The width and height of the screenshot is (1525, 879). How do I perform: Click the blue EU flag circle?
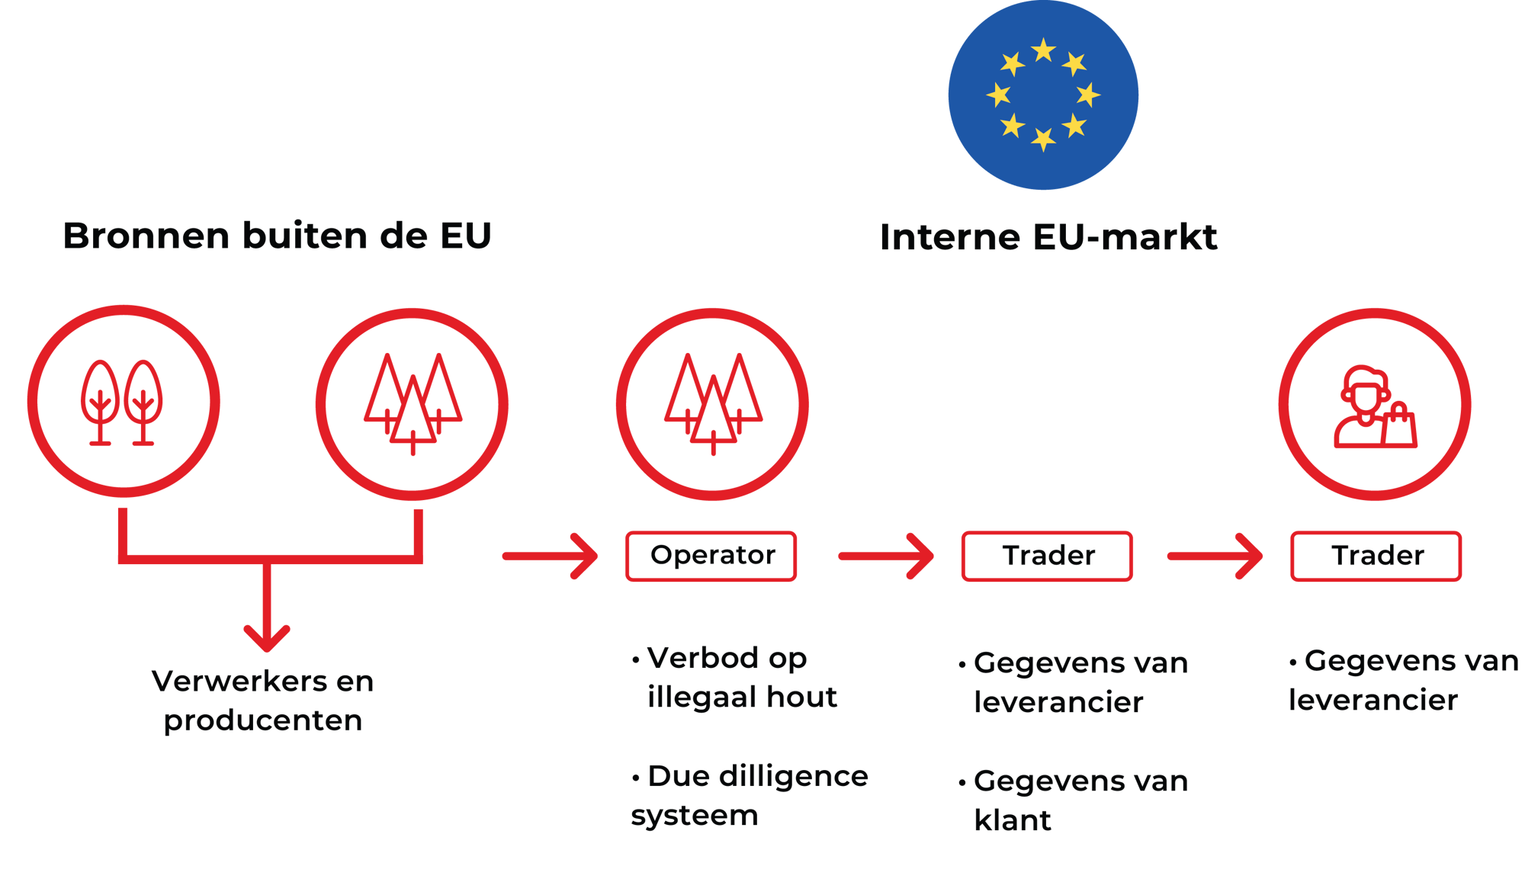coord(1043,95)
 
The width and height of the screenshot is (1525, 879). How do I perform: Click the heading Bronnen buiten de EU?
coord(277,236)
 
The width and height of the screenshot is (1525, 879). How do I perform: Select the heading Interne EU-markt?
coord(1048,237)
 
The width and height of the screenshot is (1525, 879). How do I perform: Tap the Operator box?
coord(711,556)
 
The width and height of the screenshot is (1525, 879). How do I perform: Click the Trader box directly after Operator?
coord(1047,556)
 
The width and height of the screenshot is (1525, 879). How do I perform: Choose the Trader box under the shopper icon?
coord(1376,556)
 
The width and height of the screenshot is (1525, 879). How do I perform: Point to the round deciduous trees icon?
coord(123,402)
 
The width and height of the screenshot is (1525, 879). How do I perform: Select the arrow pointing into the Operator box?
coord(551,556)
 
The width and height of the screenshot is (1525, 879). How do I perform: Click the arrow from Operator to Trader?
coord(887,556)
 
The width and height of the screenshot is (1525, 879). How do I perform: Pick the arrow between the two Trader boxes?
coord(1215,556)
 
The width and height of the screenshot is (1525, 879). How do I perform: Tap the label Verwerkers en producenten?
coord(263,701)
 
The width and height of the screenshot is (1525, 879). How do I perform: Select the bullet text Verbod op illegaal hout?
coord(734,678)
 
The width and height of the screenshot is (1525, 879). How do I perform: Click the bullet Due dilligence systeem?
coord(750,796)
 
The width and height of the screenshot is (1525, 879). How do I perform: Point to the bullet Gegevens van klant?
coord(1074,800)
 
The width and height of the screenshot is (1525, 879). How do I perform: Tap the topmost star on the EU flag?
coord(1043,51)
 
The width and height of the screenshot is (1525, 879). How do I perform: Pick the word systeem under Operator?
coord(694,816)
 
